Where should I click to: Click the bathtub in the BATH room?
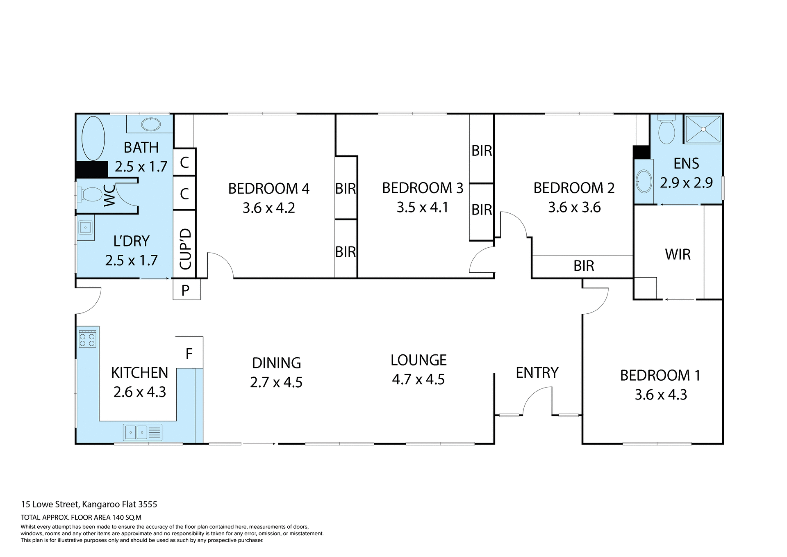[x=93, y=138]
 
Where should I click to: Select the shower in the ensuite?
[x=703, y=129]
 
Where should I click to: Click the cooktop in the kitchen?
[x=87, y=339]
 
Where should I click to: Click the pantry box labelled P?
[x=186, y=290]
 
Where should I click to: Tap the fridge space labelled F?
[x=189, y=353]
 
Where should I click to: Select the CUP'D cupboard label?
[x=185, y=249]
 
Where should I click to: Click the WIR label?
[x=678, y=254]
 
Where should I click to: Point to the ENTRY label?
[x=537, y=372]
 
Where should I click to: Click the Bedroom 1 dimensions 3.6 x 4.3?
[x=661, y=395]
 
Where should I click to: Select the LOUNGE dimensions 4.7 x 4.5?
[x=418, y=379]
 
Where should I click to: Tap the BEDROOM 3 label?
[x=422, y=188]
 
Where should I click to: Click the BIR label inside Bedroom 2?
[x=583, y=266]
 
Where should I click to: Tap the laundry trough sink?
[x=86, y=227]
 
